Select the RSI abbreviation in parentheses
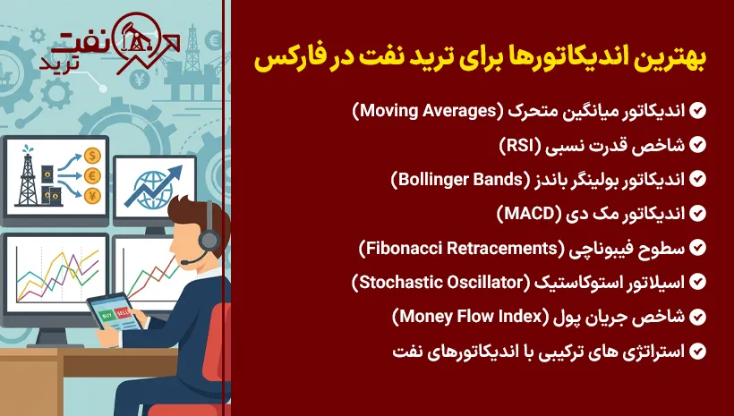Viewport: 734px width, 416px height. pos(520,145)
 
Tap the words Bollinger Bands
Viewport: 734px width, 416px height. pos(460,179)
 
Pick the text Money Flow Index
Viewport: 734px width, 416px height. pos(471,317)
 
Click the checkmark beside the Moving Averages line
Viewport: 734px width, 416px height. pos(697,111)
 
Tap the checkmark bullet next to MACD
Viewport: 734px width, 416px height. pos(697,214)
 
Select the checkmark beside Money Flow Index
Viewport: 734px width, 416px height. pos(697,317)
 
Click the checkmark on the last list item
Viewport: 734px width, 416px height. pos(697,351)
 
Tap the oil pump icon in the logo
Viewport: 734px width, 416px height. pos(135,38)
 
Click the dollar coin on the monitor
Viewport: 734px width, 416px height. pos(93,156)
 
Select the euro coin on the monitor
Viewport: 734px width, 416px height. pos(93,176)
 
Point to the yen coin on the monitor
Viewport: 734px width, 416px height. pos(93,196)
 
